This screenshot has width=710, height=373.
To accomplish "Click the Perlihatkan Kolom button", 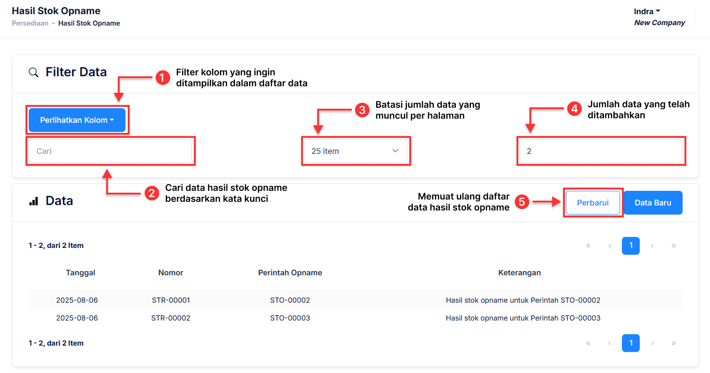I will [77, 120].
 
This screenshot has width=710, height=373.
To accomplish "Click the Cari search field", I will [110, 151].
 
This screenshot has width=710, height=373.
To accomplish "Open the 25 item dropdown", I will [355, 151].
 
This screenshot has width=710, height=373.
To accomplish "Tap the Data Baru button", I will [653, 203].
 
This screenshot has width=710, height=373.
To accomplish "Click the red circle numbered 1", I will [163, 78].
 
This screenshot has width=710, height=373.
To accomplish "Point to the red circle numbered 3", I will [362, 110].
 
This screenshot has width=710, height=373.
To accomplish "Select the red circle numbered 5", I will [522, 202].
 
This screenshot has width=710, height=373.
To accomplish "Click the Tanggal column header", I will [80, 273].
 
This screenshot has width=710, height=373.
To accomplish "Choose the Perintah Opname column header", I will [290, 273].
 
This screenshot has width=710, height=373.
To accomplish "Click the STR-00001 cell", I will [171, 300].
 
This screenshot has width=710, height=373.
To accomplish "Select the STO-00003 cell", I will [290, 318].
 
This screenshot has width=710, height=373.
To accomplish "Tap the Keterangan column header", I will [519, 273].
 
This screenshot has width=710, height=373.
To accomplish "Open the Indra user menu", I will [647, 11].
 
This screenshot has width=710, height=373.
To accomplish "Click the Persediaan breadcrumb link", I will [30, 23].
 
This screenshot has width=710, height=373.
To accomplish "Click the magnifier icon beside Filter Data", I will [33, 72].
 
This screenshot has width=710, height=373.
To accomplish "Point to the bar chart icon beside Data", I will [34, 201].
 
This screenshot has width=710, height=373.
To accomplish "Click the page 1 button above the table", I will [631, 246].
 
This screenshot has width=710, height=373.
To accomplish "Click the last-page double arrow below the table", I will [673, 343].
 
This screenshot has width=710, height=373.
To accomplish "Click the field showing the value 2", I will [600, 151].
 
